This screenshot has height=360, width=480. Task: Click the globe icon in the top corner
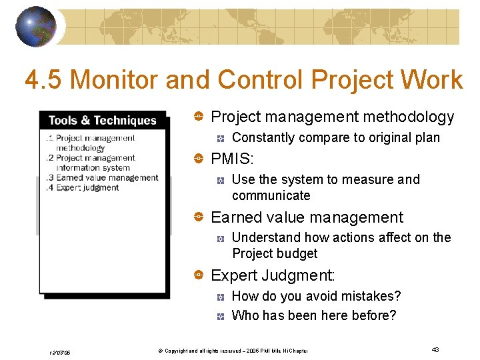pos(35,27)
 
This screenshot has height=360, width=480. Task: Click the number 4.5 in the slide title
pos(43,81)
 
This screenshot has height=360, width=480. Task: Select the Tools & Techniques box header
pos(102,121)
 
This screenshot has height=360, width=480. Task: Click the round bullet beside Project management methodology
pos(198,117)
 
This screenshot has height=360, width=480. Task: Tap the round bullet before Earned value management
pos(198,217)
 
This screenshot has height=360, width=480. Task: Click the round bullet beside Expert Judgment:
pos(198,275)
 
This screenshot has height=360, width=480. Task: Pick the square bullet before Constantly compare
pos(221,138)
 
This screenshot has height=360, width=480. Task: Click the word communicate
pos(271,196)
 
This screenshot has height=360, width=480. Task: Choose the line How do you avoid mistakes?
pos(316,296)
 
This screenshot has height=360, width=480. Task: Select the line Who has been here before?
pos(313,315)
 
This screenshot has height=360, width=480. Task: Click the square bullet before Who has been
pos(221,316)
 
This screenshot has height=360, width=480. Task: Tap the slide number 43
pos(435,350)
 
